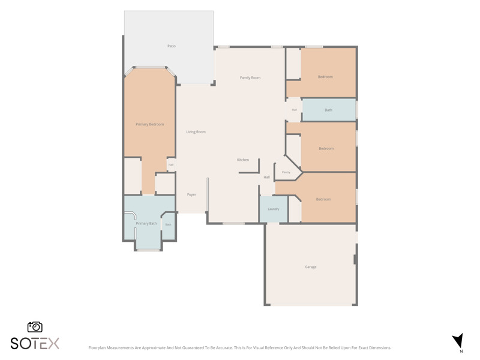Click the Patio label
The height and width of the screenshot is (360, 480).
coord(172,46)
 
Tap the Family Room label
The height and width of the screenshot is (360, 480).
coord(250,78)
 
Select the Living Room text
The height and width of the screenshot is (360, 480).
coord(196,132)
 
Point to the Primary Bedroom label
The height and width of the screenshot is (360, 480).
coord(149,124)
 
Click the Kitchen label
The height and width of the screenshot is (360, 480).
coord(243,160)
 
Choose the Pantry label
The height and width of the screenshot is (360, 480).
coord(286,172)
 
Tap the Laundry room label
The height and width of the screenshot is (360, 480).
coord(274,209)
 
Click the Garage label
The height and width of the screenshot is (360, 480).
coord(310,267)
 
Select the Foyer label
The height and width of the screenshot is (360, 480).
coord(191,194)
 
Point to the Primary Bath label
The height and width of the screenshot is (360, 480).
coord(146,223)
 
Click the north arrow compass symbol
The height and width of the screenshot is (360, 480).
coord(458,342)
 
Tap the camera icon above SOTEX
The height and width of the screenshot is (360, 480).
coord(35,327)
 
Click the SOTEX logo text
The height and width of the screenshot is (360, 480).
coord(35,343)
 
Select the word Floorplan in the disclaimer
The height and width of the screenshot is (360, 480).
coord(96,348)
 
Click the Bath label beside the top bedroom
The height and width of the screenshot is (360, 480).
coord(328,110)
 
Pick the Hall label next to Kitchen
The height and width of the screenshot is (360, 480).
coord(266,177)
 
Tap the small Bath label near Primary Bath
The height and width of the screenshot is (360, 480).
coord(168,224)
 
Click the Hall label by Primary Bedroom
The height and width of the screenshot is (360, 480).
coord(171,164)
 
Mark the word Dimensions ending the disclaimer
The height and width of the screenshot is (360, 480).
coord(380,348)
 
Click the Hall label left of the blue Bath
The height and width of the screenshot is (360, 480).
coord(294,110)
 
